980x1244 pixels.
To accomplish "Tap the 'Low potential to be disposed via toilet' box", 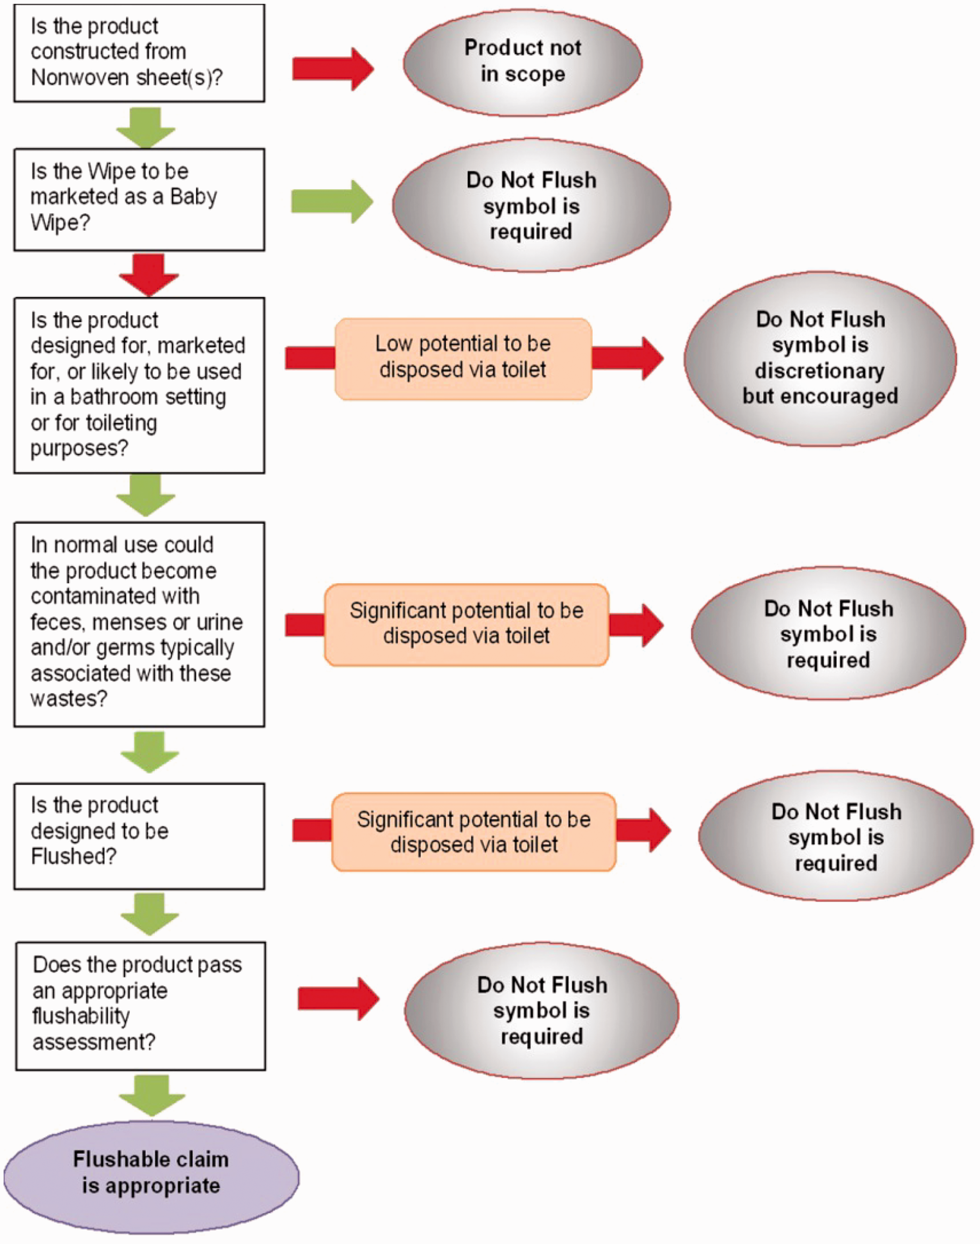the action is pyautogui.click(x=463, y=358).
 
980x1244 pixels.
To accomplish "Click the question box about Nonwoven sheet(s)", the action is pyautogui.click(x=139, y=53).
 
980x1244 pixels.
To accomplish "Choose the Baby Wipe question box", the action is pyautogui.click(x=139, y=199).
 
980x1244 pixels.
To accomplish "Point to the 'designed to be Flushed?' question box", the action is pyautogui.click(x=139, y=836).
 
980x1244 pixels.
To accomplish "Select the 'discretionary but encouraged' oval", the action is pyautogui.click(x=820, y=358).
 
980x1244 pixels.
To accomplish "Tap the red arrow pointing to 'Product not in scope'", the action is pyautogui.click(x=333, y=69).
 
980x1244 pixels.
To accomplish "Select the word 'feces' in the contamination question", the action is pyautogui.click(x=58, y=622).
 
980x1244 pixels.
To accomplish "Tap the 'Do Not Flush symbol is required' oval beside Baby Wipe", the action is pyautogui.click(x=531, y=205).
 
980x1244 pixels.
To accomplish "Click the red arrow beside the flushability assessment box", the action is pyautogui.click(x=338, y=999).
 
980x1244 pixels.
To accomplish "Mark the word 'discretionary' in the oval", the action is pyautogui.click(x=820, y=371).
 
